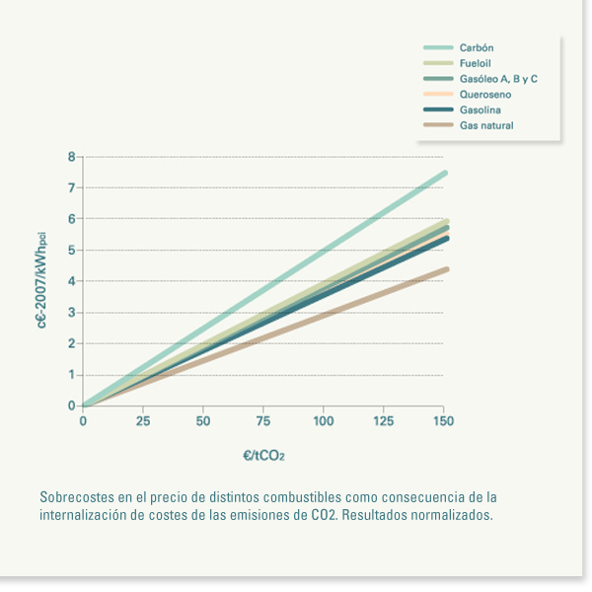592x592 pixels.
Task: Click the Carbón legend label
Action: [x=476, y=47]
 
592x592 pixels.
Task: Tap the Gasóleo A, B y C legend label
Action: [x=498, y=79]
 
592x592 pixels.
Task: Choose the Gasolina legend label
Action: [x=480, y=110]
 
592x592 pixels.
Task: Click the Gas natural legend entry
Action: [x=486, y=125]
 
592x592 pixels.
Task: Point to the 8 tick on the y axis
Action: [x=71, y=156]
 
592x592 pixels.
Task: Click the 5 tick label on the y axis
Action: [x=71, y=250]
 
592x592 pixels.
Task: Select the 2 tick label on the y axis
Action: [x=71, y=343]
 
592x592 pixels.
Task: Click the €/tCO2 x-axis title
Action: [x=263, y=456]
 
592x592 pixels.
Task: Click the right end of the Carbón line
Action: [x=445, y=173]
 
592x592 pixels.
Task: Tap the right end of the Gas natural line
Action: [x=445, y=269]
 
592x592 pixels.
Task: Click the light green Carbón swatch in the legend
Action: [x=437, y=47]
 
